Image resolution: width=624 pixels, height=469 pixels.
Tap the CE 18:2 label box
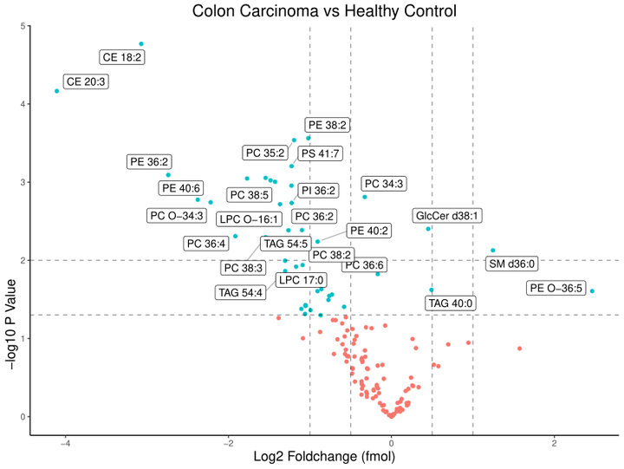pos(122,57)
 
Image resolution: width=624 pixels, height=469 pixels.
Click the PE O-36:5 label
pos(556,287)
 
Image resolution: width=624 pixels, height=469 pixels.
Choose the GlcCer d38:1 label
pos(447,215)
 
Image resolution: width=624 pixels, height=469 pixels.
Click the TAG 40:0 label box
pos(451,303)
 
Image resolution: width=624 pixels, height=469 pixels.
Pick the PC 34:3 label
pos(385,184)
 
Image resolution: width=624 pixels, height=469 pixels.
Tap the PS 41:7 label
pos(320,153)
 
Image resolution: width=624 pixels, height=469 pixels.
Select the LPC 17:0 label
pos(300,279)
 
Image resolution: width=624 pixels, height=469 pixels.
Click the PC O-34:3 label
pos(177,215)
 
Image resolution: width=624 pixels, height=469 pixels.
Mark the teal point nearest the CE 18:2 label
pos(141,44)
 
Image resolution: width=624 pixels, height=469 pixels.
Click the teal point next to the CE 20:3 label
pos(57,91)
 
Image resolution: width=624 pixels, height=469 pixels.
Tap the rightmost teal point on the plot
pos(592,291)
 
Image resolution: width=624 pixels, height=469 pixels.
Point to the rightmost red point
pos(519,348)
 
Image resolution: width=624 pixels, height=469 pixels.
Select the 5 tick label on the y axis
pos(20,26)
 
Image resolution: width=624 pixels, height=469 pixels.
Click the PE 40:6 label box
pos(181,188)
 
